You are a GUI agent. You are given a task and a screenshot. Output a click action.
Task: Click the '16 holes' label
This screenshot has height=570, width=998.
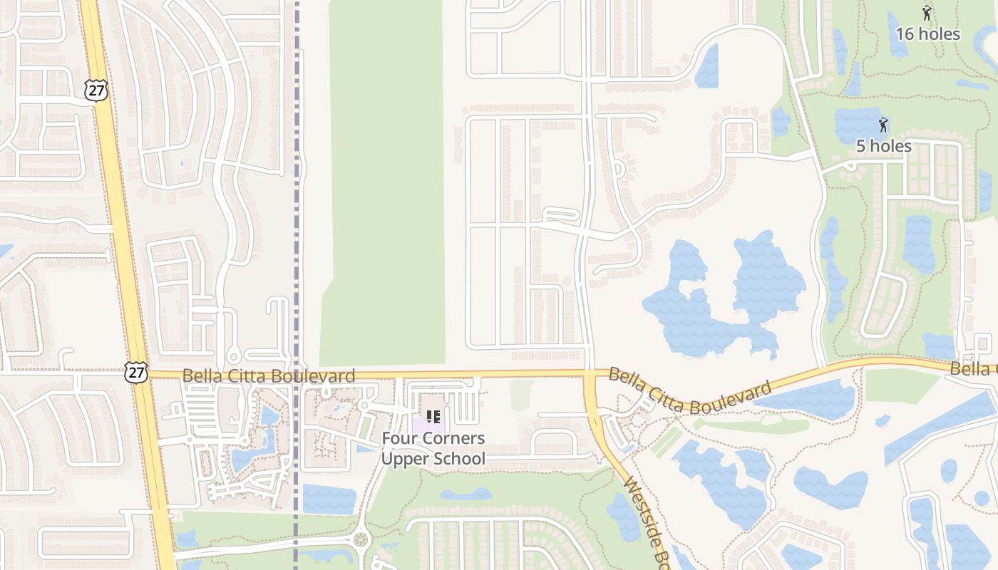927,33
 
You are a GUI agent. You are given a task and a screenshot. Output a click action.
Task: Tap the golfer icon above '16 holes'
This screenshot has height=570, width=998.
927,13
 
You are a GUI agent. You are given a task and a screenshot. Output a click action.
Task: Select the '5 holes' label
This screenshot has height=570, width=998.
883,146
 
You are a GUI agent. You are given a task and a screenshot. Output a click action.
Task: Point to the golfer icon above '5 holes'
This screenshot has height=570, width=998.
884,125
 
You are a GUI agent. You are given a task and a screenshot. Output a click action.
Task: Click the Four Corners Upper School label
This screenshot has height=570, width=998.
433,448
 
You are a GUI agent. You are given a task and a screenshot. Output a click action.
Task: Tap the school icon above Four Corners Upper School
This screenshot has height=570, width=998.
433,416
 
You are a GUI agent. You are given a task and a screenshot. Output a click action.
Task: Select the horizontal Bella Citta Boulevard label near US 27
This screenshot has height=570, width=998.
269,375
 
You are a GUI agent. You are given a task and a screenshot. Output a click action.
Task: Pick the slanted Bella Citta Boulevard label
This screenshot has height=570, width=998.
690,391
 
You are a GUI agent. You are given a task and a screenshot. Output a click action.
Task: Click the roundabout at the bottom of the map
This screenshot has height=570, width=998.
361,539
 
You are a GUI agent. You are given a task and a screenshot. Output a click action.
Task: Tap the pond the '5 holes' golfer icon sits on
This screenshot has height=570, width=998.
863,125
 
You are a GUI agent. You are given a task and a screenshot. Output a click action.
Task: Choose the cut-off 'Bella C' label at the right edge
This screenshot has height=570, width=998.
974,368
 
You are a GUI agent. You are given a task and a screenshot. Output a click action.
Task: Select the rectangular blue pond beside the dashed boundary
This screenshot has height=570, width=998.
329,499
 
